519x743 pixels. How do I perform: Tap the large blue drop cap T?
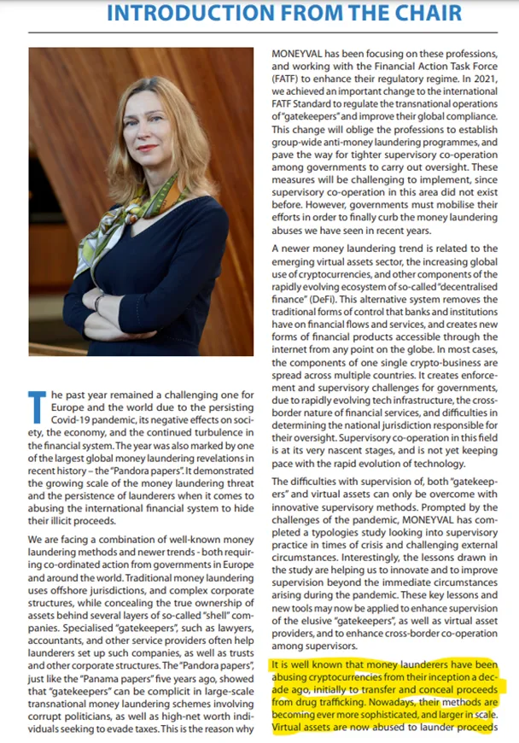[x=37, y=407]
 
